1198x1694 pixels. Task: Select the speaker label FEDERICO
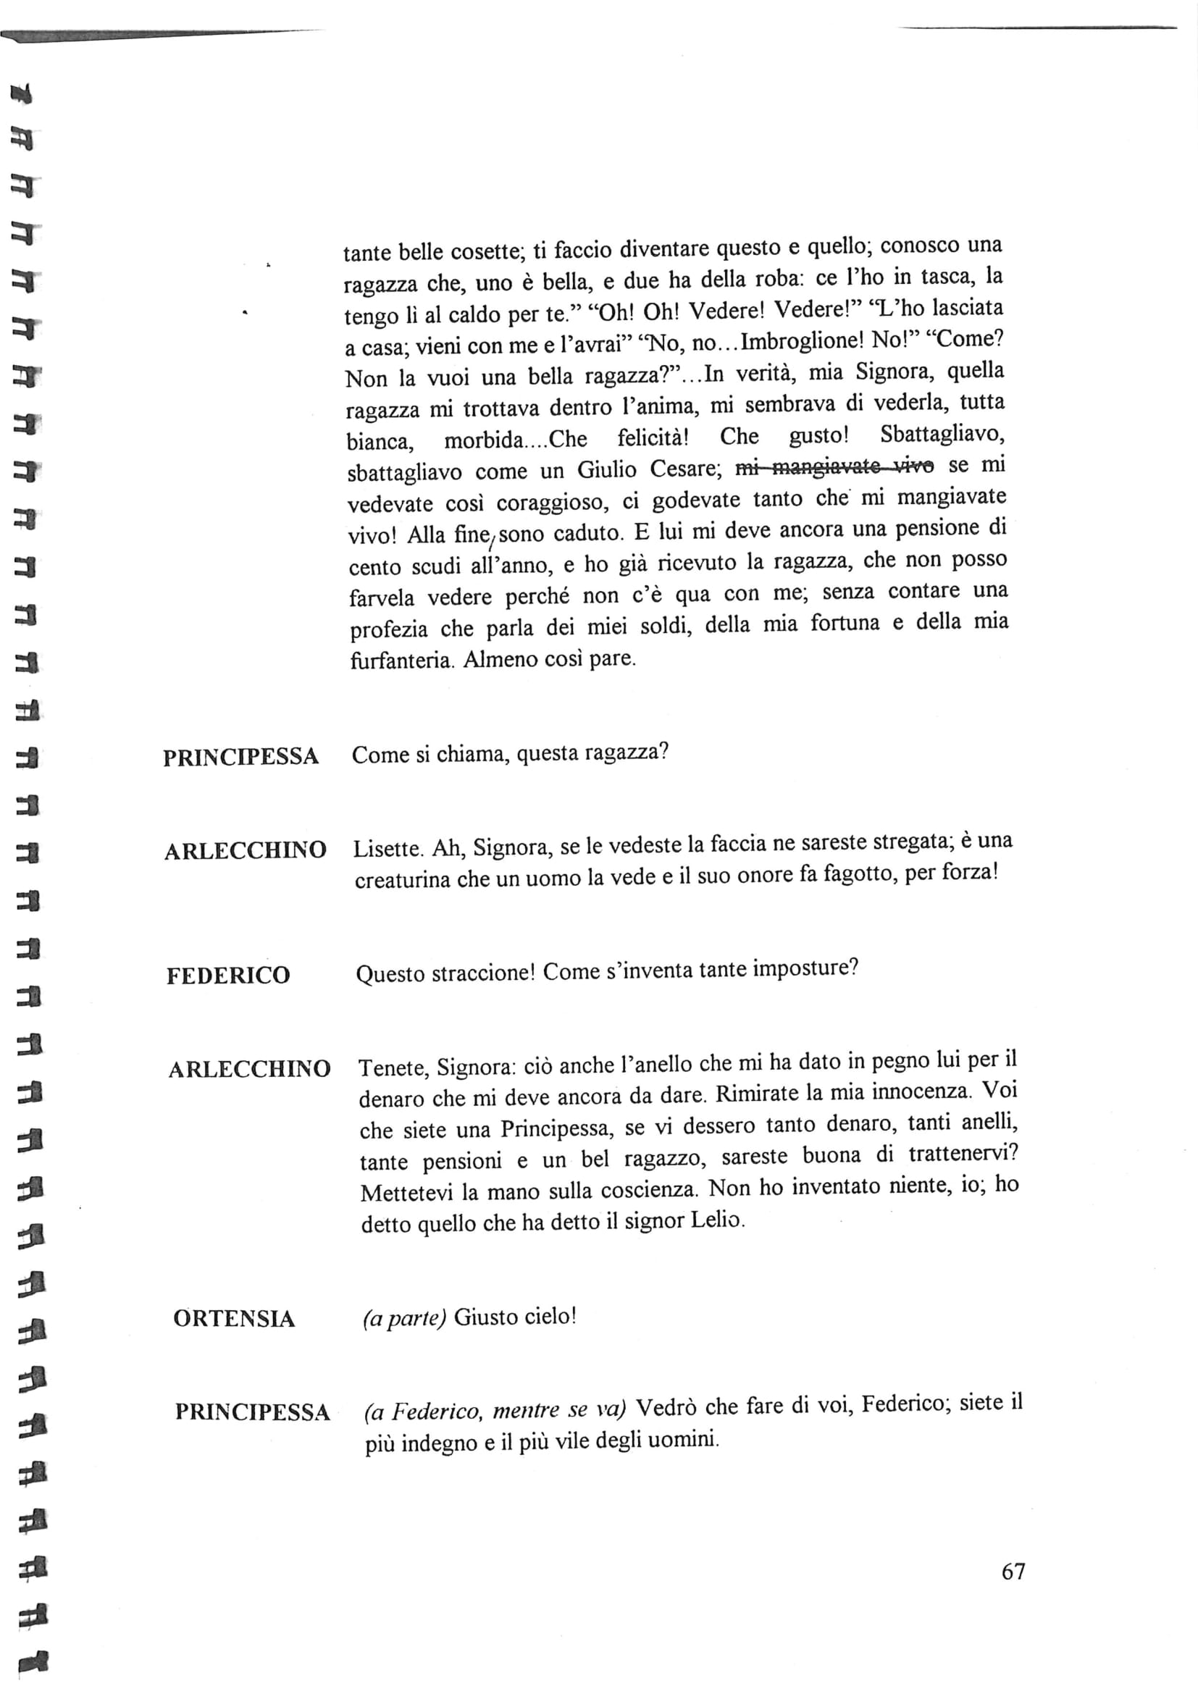228,976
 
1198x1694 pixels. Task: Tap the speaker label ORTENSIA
234,1318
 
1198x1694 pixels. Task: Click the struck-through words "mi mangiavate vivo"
835,466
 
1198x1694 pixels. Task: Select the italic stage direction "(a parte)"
404,1318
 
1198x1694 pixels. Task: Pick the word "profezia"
389,629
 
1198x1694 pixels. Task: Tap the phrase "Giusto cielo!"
514,1317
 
